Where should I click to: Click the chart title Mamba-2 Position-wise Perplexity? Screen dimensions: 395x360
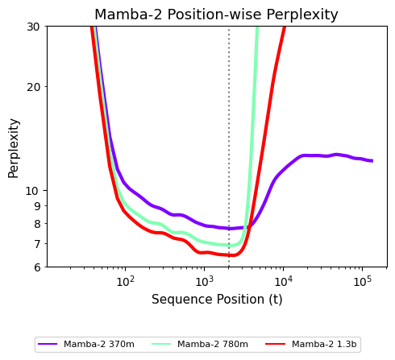216,14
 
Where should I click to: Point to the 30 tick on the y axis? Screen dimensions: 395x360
33,27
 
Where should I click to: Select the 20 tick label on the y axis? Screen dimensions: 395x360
33,87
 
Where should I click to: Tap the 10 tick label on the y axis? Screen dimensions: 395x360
32,191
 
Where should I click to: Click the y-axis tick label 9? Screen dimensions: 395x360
37,206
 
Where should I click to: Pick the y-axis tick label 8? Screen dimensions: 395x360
37,224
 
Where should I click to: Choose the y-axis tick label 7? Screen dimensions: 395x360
37,244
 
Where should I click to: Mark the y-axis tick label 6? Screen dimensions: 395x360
37,267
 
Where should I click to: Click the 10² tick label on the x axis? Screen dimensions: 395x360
125,281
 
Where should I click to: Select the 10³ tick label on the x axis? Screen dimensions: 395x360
204,281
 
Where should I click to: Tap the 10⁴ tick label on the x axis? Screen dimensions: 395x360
283,281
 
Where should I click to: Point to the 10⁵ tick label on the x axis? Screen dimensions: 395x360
362,281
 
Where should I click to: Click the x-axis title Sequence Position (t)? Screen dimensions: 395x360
217,300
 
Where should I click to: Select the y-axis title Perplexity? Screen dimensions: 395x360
14,148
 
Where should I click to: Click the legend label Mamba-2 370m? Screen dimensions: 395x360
99,344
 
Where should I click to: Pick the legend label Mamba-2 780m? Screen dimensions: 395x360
213,344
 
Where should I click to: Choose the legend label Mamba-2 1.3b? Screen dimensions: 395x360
324,344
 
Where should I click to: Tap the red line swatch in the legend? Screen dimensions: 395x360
275,344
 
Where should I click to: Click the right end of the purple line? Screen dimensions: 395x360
372,160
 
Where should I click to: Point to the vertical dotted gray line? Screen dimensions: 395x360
229,147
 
